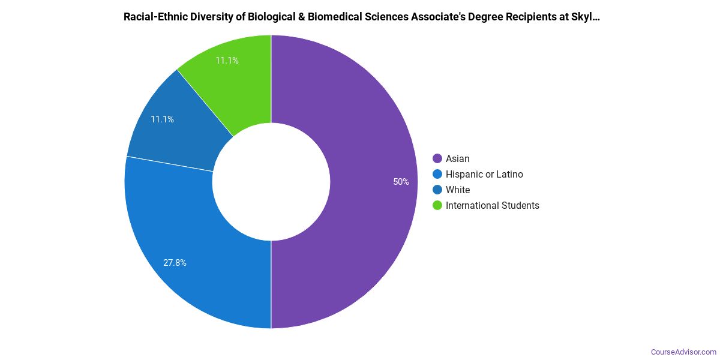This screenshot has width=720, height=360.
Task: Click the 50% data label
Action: (x=401, y=182)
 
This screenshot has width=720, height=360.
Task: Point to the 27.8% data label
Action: (x=175, y=263)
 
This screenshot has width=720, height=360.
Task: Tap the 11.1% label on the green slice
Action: (x=227, y=61)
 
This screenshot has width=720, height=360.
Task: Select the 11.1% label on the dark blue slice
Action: (x=162, y=119)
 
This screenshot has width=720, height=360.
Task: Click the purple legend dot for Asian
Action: (x=437, y=158)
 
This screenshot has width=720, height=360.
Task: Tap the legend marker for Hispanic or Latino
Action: (x=437, y=174)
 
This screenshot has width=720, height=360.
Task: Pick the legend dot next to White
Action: (x=437, y=190)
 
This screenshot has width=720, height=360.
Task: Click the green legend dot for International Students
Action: (x=437, y=205)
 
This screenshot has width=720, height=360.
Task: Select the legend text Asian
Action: (x=458, y=158)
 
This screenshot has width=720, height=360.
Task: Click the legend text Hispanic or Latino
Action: (x=484, y=174)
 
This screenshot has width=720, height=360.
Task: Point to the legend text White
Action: (x=458, y=190)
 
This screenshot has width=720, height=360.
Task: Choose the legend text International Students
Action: (x=493, y=205)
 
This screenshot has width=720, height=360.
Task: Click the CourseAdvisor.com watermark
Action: (x=683, y=352)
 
